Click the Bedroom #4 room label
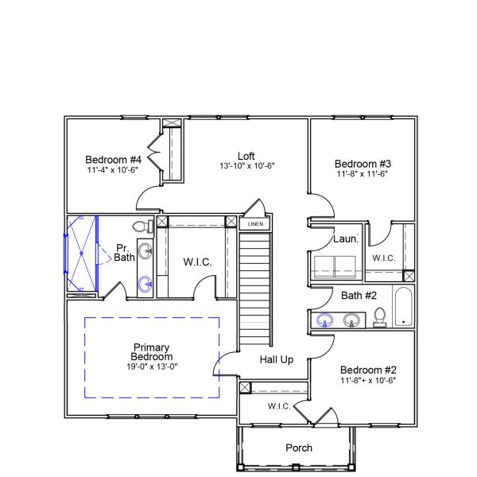point(114,160)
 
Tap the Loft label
point(246,156)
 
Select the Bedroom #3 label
point(363,164)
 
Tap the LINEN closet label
point(255,224)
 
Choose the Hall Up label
point(277,359)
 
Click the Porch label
point(299,448)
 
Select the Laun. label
point(345,238)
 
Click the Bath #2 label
point(359,296)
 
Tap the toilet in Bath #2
point(380,316)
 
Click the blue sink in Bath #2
point(324,320)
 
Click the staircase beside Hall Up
point(255,278)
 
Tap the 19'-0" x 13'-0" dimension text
point(151,367)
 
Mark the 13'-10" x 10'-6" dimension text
point(247,166)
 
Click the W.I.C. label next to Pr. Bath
point(197,262)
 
